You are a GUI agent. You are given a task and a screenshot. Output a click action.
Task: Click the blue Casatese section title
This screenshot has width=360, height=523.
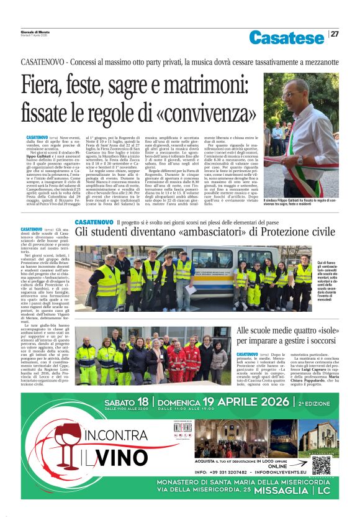click(x=287, y=37)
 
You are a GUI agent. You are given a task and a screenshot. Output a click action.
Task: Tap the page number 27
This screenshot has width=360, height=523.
click(x=334, y=34)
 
